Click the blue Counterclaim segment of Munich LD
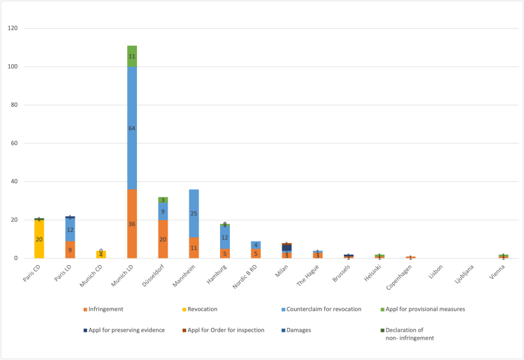click(x=132, y=128)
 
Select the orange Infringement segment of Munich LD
click(x=132, y=224)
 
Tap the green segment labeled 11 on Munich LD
click(x=132, y=56)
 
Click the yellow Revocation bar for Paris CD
click(x=39, y=239)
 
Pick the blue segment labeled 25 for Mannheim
click(x=193, y=213)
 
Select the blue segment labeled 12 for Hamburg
click(x=224, y=237)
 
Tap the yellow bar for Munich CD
click(x=101, y=255)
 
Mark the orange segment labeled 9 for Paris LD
click(x=70, y=249)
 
